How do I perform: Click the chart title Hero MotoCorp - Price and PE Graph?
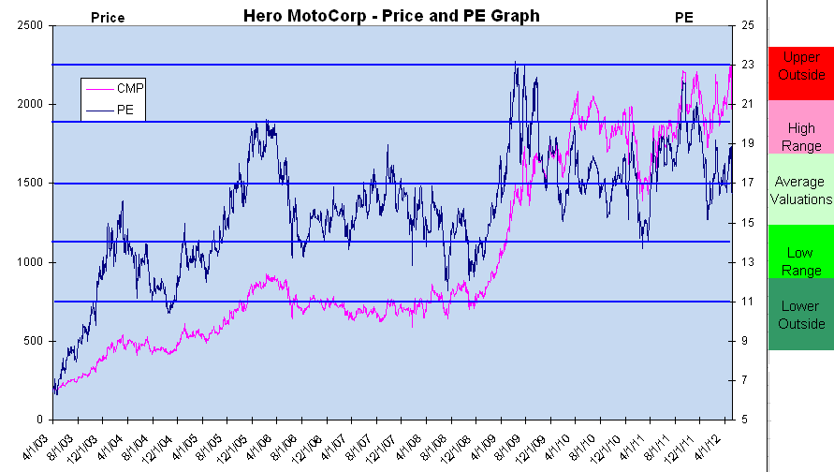click(x=391, y=16)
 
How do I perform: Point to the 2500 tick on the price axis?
click(x=31, y=26)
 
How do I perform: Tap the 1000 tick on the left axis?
click(x=31, y=262)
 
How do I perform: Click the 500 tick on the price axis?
click(x=34, y=341)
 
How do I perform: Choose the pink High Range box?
click(x=800, y=126)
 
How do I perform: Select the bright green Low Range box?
click(x=800, y=253)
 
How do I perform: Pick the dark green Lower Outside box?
click(x=800, y=315)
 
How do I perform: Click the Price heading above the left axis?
click(x=107, y=17)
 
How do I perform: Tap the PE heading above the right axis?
click(x=685, y=17)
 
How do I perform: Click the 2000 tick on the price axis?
click(x=31, y=105)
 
